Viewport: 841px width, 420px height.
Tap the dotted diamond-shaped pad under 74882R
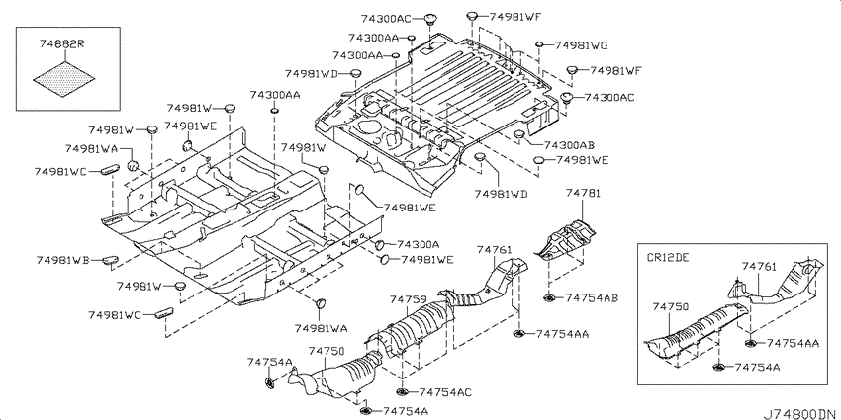tap(64, 79)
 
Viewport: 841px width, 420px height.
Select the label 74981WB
tap(62, 260)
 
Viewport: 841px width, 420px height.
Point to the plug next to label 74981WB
tap(111, 259)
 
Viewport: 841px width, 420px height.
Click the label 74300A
tap(418, 245)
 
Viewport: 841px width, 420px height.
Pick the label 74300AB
tap(569, 144)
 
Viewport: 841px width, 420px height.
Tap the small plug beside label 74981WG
tap(540, 45)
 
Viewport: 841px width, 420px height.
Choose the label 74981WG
tap(581, 45)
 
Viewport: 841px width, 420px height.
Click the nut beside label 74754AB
tap(549, 297)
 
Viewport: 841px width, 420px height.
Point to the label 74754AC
tap(445, 392)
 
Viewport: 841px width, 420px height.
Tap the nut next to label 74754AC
tap(403, 392)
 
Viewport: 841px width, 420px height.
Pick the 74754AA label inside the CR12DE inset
tap(793, 343)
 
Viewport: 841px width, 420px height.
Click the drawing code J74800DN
tap(799, 413)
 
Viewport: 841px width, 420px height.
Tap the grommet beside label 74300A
tap(379, 245)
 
